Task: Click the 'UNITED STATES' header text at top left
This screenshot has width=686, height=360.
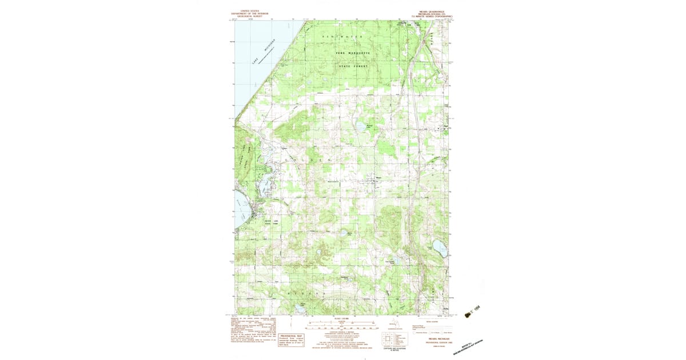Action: point(249,10)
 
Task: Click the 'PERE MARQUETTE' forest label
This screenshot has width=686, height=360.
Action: point(353,53)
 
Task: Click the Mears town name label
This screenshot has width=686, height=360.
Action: point(377,177)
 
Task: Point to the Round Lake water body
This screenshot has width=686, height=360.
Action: point(359,126)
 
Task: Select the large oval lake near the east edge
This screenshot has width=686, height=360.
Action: point(439,248)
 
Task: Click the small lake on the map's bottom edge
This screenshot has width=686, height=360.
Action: point(301,312)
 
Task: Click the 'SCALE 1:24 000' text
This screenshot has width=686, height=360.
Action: point(341,318)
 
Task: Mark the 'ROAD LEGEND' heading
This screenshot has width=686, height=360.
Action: point(426,322)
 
